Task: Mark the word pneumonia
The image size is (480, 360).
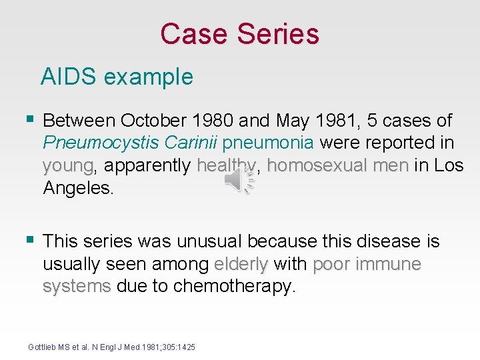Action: [269, 143]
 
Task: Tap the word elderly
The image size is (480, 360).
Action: [241, 264]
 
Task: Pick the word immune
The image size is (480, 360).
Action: [389, 264]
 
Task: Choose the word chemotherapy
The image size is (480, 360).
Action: [233, 287]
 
